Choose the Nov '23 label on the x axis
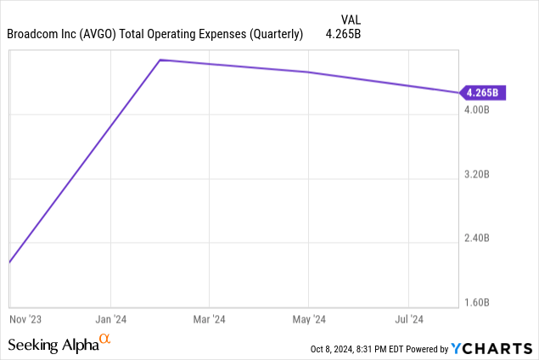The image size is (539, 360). click(x=25, y=319)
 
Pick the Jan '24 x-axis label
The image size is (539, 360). click(x=110, y=319)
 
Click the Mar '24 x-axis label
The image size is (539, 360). click(x=209, y=319)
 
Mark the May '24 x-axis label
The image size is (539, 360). click(x=308, y=319)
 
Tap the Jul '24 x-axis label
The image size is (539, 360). click(x=409, y=319)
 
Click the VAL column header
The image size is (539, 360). click(x=350, y=19)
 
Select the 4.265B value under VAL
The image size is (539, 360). click(x=343, y=35)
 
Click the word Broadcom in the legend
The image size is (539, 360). click(x=34, y=35)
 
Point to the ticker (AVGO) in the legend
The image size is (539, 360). click(x=107, y=35)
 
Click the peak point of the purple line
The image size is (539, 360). click(x=161, y=60)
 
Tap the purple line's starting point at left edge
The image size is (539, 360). click(x=9, y=262)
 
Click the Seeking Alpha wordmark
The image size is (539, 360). click(x=53, y=345)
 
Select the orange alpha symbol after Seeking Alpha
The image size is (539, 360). click(x=105, y=340)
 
